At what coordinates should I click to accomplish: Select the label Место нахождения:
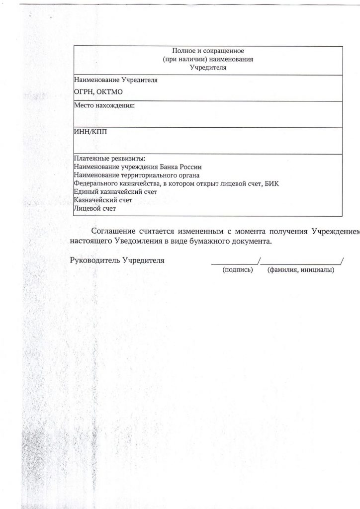104,106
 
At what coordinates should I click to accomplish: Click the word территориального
149,175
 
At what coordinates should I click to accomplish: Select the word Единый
86,192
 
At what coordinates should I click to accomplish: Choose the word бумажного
214,242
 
